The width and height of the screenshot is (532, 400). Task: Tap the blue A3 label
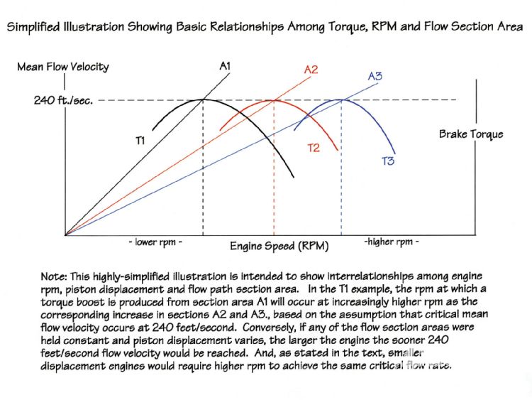coord(375,75)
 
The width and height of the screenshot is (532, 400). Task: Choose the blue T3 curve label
coord(388,161)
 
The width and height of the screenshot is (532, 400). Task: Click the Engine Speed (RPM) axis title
coord(273,247)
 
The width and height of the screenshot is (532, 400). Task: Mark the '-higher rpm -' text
coord(391,242)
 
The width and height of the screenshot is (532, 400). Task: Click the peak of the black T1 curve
coord(204,99)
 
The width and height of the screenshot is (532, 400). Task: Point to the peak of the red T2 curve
coord(273,99)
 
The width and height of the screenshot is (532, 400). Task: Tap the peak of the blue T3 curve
coord(342,99)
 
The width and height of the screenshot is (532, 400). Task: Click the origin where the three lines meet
coord(65,234)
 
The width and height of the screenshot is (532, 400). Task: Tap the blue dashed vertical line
coord(342,171)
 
